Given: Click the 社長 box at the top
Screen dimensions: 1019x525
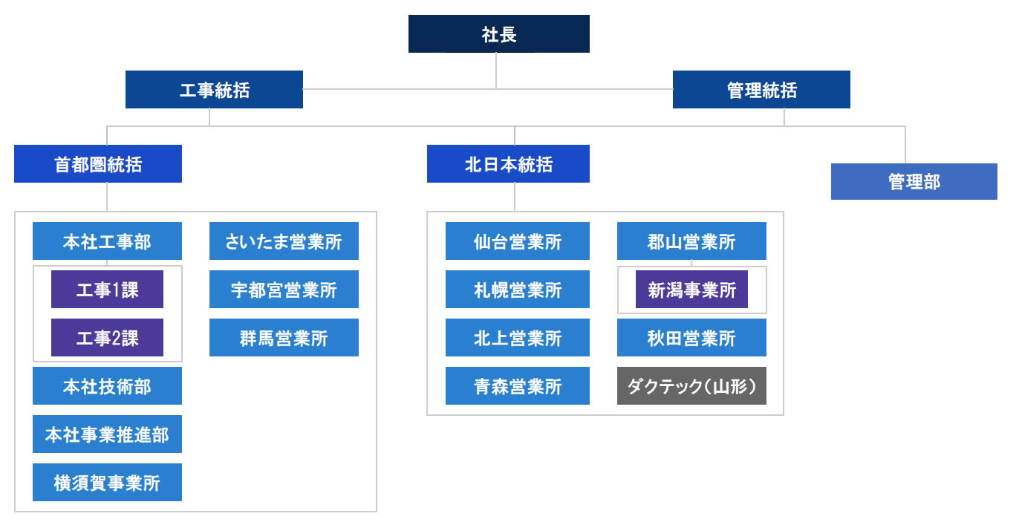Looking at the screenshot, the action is coord(498,33).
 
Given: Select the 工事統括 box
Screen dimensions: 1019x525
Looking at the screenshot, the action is coord(214,89).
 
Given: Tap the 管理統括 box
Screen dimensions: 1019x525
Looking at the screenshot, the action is coord(761,89).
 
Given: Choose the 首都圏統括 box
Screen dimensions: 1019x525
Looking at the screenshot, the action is coord(98,164).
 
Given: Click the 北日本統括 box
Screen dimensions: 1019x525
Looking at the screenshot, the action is coord(508,164).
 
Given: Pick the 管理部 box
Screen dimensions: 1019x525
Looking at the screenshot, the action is coord(914,181).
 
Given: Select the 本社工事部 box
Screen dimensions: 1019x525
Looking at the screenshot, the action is coord(107,241).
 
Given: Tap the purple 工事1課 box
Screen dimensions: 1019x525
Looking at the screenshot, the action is coord(107,290).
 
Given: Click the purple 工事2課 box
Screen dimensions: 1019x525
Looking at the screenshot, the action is coord(107,338).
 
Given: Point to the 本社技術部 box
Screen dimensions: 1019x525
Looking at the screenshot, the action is coord(107,386).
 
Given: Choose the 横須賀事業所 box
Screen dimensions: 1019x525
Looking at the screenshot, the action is coord(107,482).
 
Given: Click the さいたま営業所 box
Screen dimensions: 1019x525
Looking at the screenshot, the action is coord(284,241).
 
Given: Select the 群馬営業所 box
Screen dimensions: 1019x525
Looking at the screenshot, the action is coord(284,338).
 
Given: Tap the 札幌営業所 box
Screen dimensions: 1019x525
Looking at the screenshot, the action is coord(517,290).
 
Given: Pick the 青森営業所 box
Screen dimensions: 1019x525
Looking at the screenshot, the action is coord(517,386).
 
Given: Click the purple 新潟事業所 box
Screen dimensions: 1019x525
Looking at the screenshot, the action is coord(691,290).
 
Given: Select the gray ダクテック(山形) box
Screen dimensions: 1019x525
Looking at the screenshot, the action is coord(691,386).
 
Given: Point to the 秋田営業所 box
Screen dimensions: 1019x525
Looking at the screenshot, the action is coord(691,338).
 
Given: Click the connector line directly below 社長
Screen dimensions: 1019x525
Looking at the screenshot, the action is coord(496,71).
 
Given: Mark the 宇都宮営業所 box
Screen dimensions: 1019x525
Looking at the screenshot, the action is coord(284,290).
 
